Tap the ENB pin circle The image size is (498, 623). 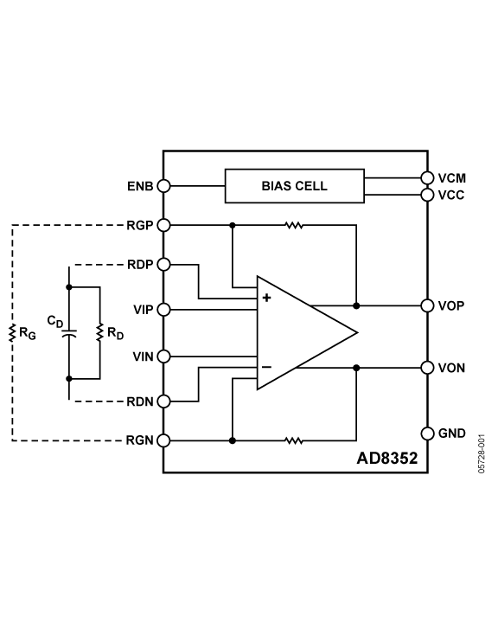tap(163, 186)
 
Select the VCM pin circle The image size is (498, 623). tap(427, 178)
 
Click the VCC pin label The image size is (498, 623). tap(451, 195)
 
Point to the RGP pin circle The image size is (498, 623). tap(163, 225)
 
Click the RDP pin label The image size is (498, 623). tap(140, 265)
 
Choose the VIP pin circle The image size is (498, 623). tap(163, 310)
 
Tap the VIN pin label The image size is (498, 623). tap(143, 356)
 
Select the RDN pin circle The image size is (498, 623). tap(163, 401)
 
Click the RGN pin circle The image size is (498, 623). tap(163, 440)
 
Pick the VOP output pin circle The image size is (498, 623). tap(427, 305)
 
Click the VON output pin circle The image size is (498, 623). tap(427, 368)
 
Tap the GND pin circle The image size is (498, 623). tap(427, 434)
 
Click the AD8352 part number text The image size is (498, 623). tap(387, 458)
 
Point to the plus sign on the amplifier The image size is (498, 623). tap(266, 298)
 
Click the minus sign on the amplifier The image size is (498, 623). tap(266, 367)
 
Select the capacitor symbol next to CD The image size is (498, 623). tap(69, 333)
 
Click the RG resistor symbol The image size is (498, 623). tap(12, 333)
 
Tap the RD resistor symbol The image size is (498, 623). tap(99, 332)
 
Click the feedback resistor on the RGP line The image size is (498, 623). tap(294, 225)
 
